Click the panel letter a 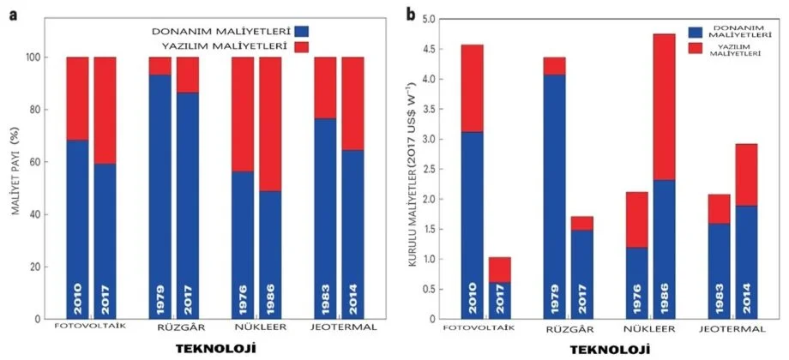(x=12, y=13)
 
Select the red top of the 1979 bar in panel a (x=160, y=66)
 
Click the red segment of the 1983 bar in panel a (x=325, y=87)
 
